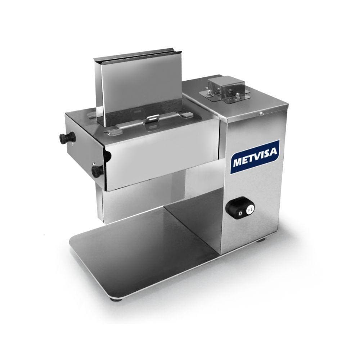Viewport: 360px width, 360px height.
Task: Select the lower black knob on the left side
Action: (x=97, y=170)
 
